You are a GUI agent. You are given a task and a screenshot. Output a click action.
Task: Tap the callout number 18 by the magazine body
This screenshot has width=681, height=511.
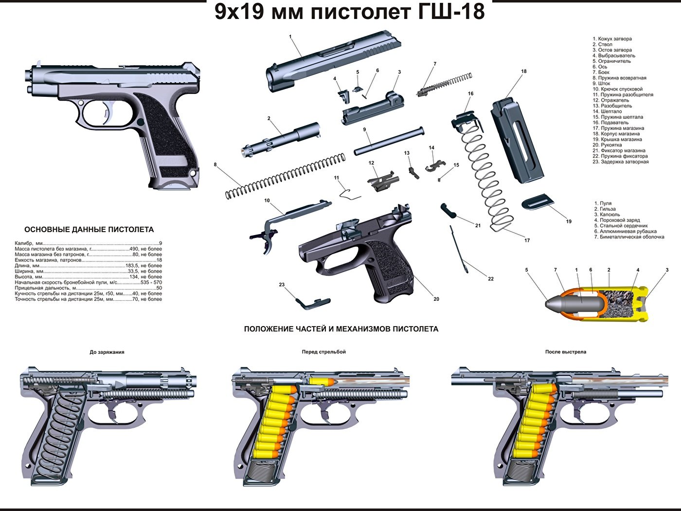pos(524,72)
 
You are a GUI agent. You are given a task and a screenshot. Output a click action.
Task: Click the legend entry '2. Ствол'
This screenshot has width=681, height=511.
pos(602,44)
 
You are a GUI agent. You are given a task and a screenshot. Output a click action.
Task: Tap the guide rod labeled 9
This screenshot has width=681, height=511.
pos(389,141)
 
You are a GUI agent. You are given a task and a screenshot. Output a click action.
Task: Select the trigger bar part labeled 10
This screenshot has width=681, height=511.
pos(292,210)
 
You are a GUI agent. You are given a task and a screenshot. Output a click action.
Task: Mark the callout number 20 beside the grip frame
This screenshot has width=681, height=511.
pos(436,299)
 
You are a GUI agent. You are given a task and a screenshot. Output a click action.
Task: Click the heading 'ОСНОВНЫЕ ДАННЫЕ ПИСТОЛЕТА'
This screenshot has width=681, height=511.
pos(89,230)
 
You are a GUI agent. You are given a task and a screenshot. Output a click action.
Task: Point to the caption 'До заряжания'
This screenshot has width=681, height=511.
pos(107,352)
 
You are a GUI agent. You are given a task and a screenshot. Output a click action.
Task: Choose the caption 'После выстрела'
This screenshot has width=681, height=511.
pos(565,352)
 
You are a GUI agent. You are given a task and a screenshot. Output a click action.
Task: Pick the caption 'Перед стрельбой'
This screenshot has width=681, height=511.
pos(323,352)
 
